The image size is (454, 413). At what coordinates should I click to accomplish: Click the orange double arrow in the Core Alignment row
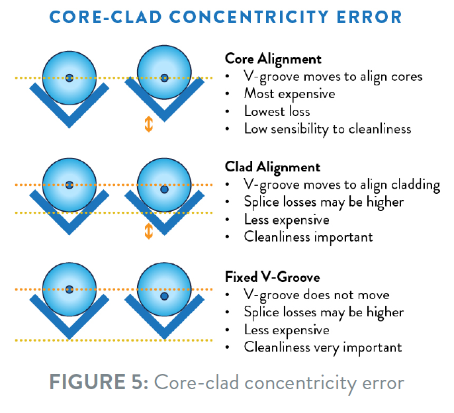point(148,124)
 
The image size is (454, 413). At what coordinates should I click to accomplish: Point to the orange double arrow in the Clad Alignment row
point(148,230)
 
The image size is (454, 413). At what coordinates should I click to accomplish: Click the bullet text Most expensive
point(289,93)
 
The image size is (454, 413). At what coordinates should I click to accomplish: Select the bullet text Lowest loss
point(277,111)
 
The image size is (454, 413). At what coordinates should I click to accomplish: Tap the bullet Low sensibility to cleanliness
point(328,128)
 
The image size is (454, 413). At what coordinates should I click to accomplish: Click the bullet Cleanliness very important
point(323,346)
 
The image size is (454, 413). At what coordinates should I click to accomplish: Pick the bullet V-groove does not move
point(316,295)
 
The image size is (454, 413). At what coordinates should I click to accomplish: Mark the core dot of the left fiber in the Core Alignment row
point(69,77)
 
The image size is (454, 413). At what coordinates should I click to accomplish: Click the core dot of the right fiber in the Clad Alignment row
point(164,190)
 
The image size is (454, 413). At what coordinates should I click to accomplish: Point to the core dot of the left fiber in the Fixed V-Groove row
point(69,289)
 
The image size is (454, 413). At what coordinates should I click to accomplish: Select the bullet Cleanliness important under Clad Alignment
point(308,236)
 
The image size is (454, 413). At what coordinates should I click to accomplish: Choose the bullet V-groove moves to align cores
point(333,76)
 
